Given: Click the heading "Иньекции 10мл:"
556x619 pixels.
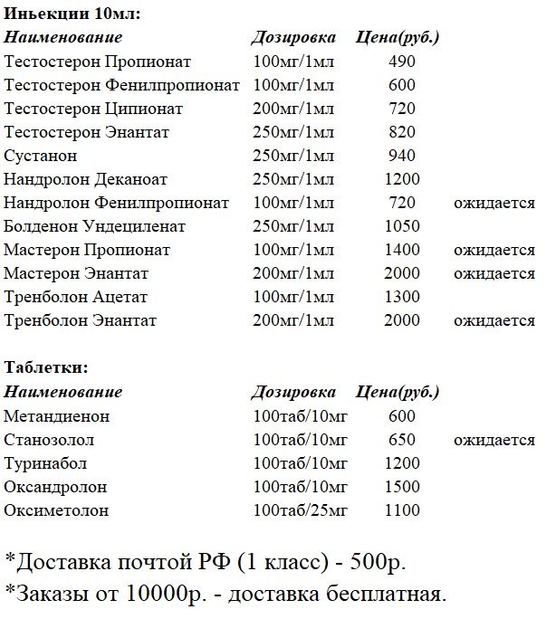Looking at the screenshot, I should (72, 14).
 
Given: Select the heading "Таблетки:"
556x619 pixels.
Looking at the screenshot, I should (46, 368).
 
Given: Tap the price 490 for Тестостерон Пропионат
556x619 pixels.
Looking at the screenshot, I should (401, 62).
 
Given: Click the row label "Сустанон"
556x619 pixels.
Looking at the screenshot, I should (41, 156).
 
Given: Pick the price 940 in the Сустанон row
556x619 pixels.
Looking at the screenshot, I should (401, 156).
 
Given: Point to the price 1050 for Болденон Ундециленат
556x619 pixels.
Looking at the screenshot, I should (401, 226).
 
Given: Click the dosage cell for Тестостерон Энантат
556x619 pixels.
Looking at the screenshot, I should (294, 132).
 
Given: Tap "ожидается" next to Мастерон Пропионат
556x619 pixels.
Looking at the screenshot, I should (494, 250).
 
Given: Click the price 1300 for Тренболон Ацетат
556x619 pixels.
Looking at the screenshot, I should (401, 297).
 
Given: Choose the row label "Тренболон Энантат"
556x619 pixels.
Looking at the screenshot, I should (81, 320).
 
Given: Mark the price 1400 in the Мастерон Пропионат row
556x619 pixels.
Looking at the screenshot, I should (401, 250).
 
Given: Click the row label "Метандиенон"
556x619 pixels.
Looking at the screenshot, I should (56, 416).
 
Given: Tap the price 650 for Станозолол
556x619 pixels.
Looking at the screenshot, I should (401, 440).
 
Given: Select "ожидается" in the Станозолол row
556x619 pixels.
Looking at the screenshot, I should (494, 440).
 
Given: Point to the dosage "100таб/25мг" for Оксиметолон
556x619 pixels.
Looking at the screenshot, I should (301, 510).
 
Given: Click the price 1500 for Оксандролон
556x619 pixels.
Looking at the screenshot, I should (401, 487).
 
